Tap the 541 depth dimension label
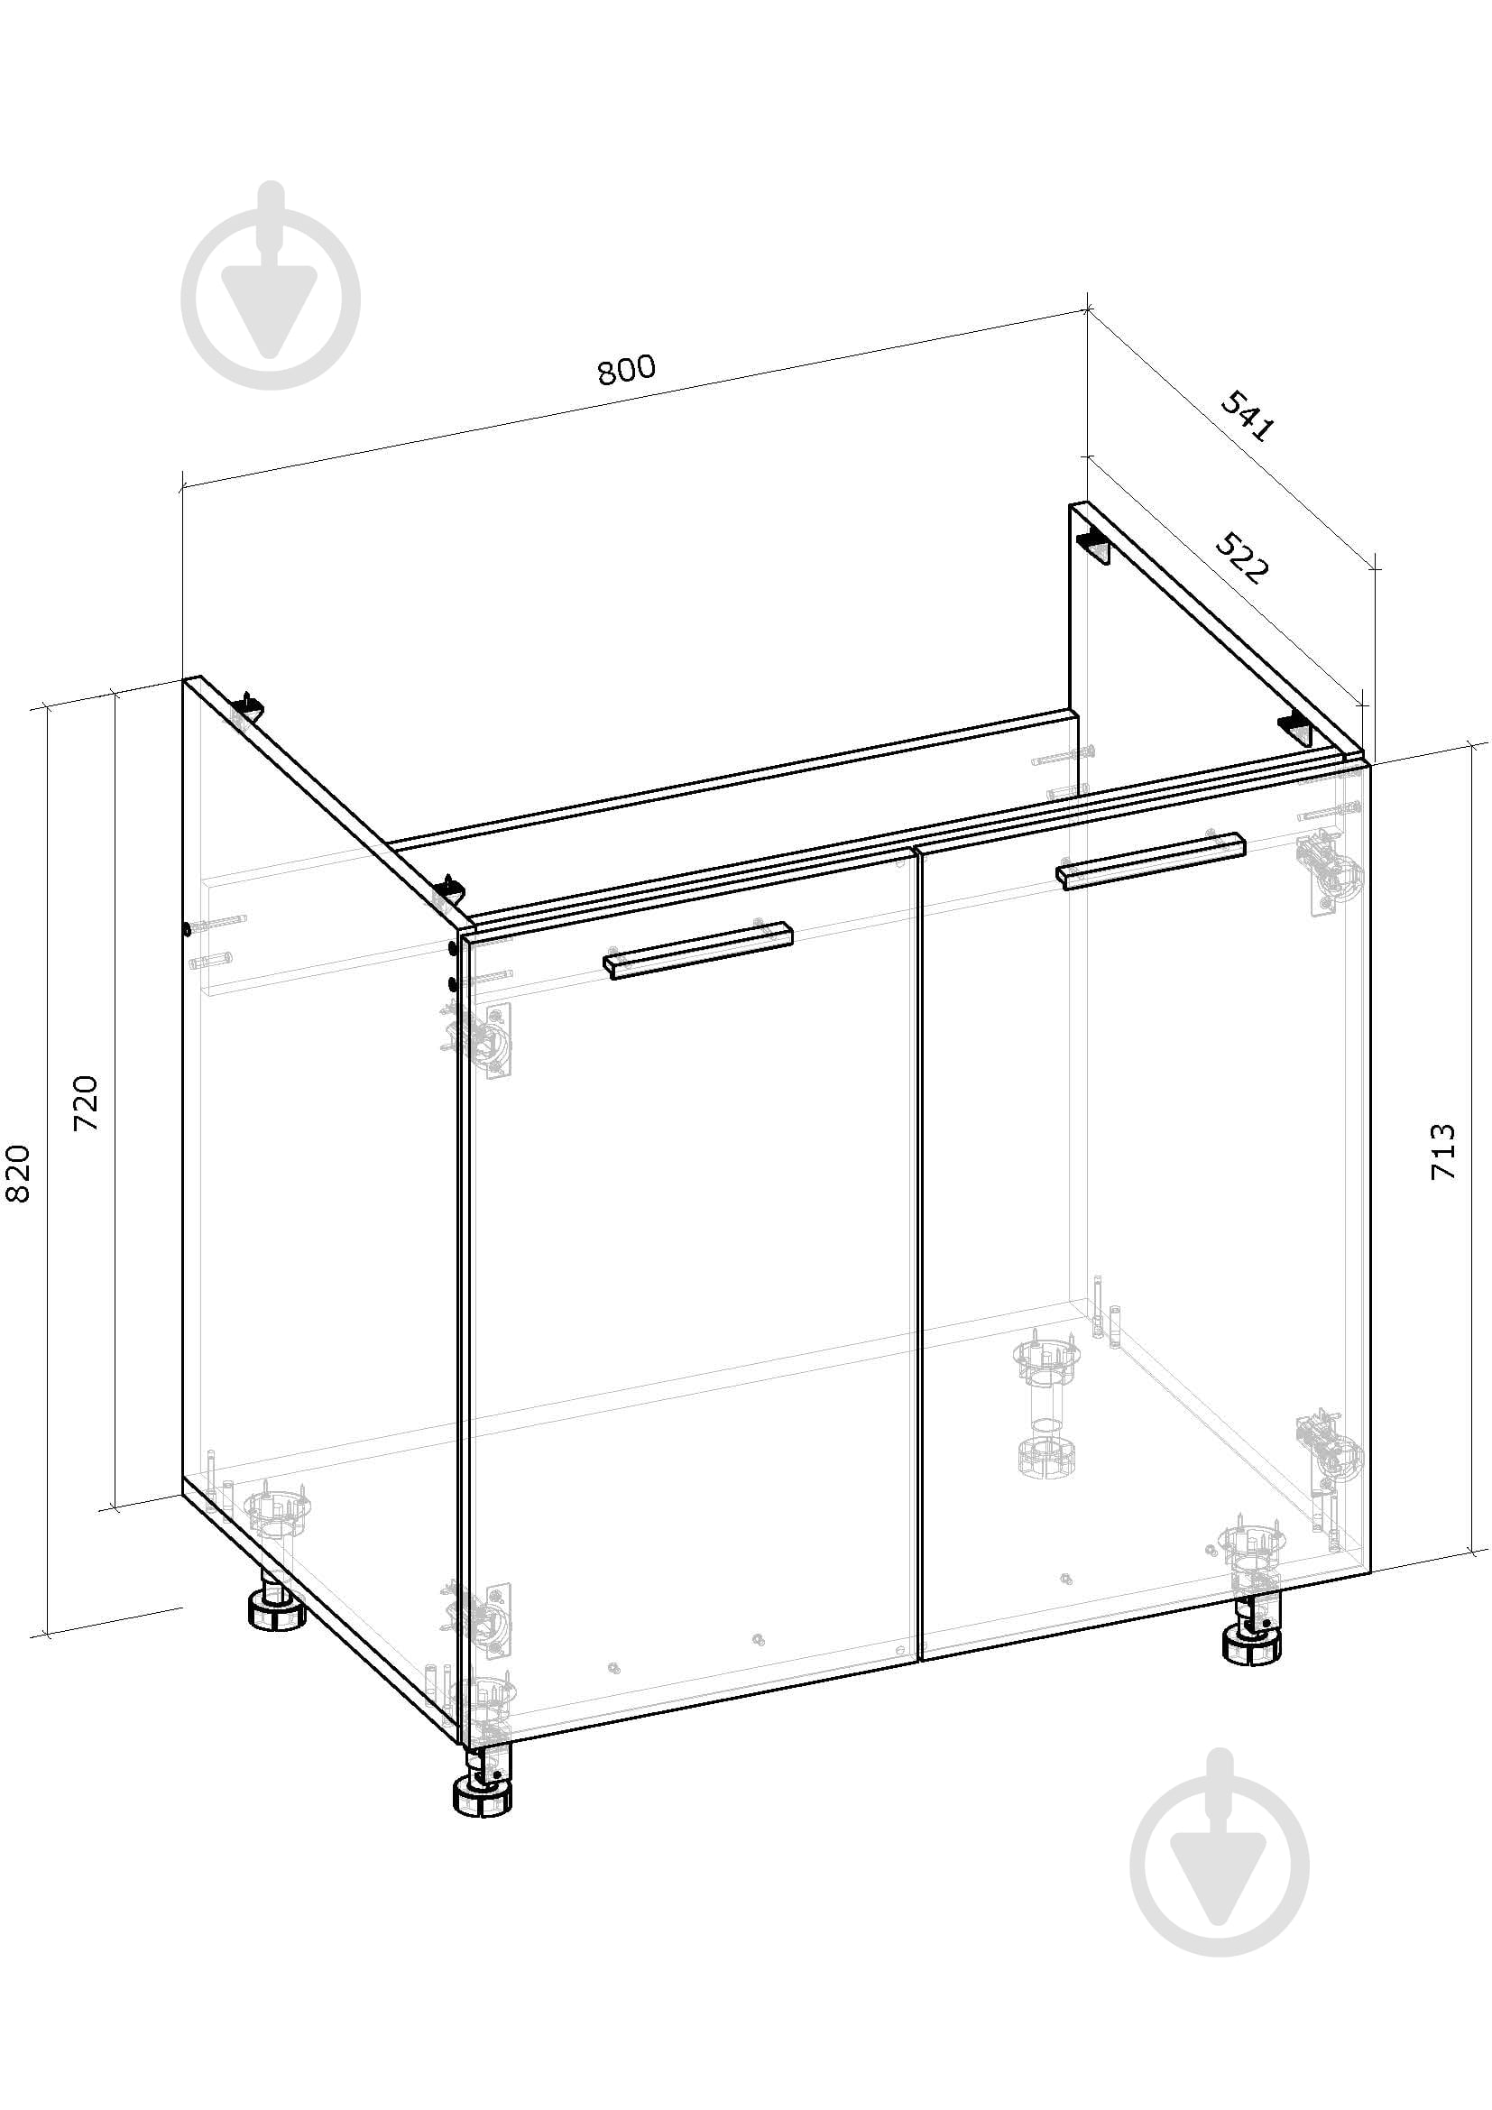pos(1248,415)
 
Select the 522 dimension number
pos(1242,557)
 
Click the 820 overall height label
pos(17,1174)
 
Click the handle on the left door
pos(698,950)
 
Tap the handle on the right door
pos(1150,862)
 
